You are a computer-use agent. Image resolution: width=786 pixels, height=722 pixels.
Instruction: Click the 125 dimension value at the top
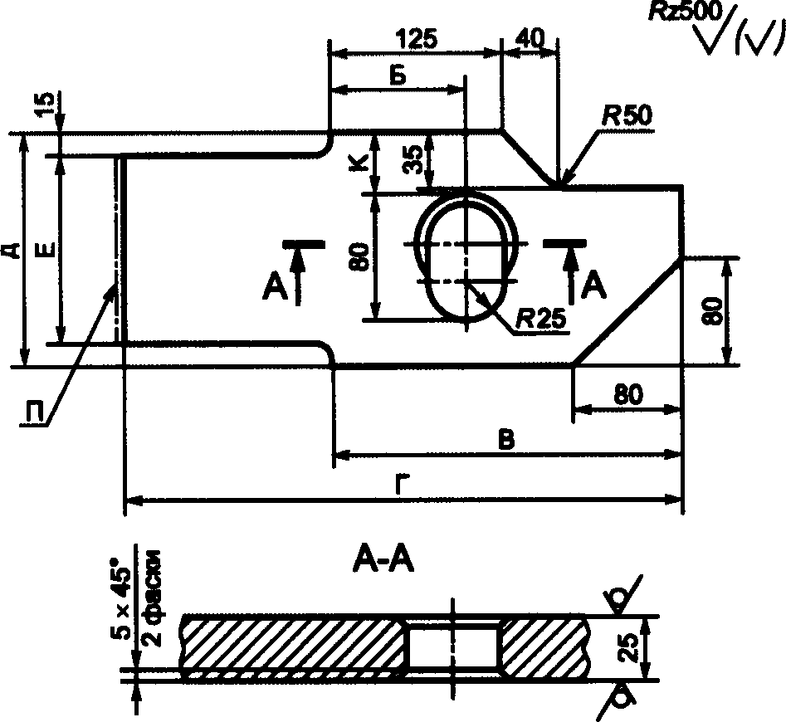click(416, 38)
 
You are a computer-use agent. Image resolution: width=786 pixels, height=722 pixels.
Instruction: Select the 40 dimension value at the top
click(530, 38)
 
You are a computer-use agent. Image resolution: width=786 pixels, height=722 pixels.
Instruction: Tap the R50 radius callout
click(627, 115)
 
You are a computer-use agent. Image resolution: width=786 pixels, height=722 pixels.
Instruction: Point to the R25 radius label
click(541, 318)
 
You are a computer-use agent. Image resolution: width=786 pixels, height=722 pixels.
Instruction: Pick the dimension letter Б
click(398, 76)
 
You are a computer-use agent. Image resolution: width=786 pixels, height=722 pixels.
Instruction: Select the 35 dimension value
click(414, 159)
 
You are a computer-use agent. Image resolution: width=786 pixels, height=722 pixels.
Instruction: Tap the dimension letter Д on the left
click(15, 250)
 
